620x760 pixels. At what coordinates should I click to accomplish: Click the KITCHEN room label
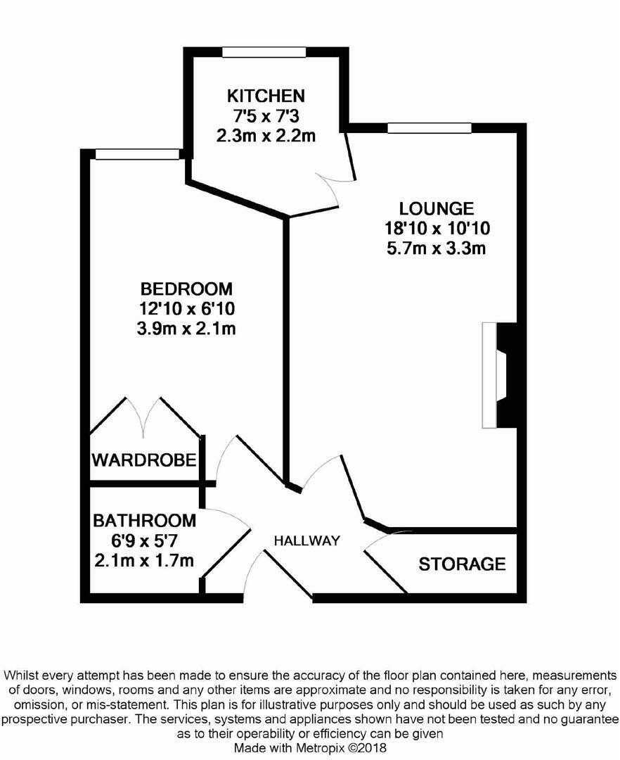click(265, 96)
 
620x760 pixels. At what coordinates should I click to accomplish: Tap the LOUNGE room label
click(436, 209)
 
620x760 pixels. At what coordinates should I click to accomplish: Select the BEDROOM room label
click(186, 289)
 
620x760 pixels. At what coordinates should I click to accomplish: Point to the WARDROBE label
click(143, 461)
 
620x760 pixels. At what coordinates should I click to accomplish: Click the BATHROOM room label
click(144, 521)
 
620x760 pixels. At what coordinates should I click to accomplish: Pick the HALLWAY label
click(306, 541)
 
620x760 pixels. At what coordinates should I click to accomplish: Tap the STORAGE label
click(462, 564)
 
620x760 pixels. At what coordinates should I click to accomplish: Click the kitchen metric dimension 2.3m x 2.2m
click(265, 135)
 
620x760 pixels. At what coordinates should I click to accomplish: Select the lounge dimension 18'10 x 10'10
click(436, 228)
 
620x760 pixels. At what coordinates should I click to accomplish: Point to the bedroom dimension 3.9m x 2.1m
click(186, 329)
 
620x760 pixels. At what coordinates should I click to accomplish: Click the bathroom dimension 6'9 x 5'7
click(144, 541)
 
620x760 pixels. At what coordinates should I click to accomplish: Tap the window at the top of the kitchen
click(264, 52)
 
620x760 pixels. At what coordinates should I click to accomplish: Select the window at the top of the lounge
click(429, 128)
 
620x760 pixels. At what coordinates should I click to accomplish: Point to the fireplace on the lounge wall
click(500, 375)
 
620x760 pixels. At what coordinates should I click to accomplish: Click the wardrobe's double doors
click(146, 417)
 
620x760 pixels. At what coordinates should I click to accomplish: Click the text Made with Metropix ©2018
click(310, 749)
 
